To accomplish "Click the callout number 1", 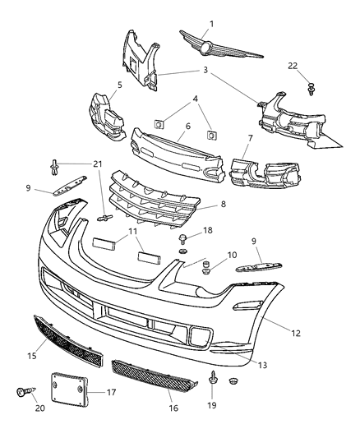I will (211, 24).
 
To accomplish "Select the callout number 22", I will (316, 67).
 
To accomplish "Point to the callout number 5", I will (120, 85).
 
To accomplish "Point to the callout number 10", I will (209, 256).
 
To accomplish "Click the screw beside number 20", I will (22, 394).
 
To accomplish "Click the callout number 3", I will (205, 71).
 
